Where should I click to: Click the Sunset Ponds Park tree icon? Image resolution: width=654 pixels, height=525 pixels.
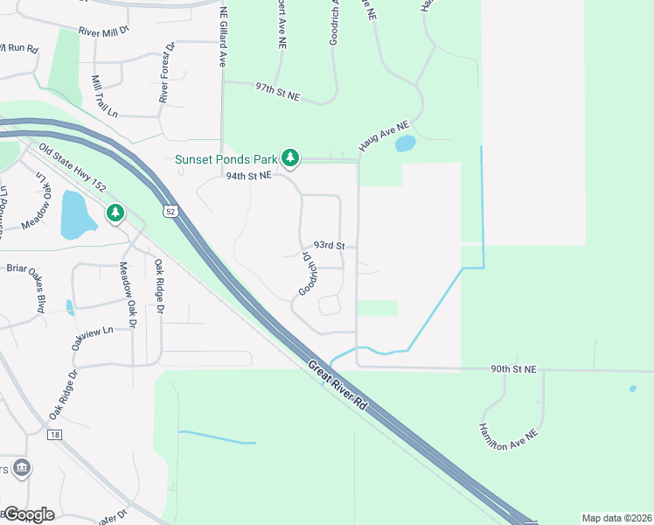pos(290,158)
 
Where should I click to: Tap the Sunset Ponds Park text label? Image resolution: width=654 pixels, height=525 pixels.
pos(225,159)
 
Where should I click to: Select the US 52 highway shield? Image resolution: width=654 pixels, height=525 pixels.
pos(169,211)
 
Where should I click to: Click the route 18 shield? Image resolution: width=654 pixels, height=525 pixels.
pos(55,434)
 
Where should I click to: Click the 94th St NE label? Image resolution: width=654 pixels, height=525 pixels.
pos(250,175)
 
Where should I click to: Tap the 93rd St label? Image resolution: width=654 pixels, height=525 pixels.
pos(330,246)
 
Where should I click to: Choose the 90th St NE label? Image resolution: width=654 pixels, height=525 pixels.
pos(512,369)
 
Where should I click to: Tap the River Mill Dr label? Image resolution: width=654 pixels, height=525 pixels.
pos(103,30)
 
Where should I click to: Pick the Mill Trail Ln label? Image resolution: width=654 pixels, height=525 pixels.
pos(103,95)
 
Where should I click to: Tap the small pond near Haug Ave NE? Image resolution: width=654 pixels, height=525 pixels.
pos(405,143)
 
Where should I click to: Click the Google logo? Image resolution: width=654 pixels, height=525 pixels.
pos(29,514)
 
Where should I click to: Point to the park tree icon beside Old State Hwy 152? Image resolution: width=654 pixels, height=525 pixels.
pos(115,213)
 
